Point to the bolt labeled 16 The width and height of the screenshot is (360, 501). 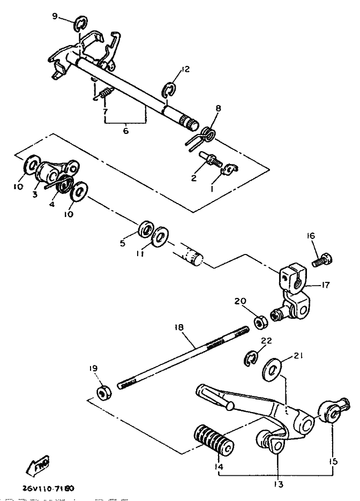(x=322, y=259)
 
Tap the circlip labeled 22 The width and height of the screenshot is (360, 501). (x=251, y=357)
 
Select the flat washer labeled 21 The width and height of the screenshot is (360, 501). (x=272, y=370)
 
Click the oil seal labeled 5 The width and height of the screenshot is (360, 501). (x=146, y=228)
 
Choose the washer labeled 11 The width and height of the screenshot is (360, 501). (x=160, y=236)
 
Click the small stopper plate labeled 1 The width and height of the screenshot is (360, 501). (x=230, y=169)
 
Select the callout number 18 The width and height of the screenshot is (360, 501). (x=180, y=328)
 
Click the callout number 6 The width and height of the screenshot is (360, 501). (x=125, y=131)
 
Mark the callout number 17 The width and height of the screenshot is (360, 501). (x=325, y=285)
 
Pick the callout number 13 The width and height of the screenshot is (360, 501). (x=279, y=484)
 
